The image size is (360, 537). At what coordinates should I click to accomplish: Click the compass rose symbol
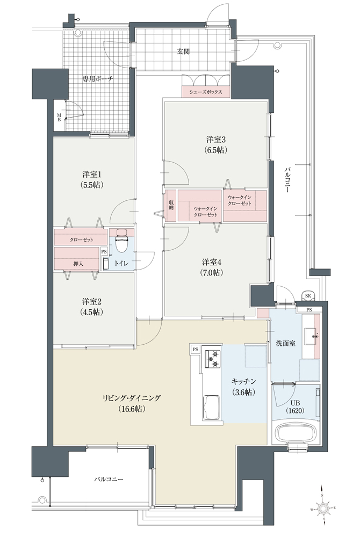pos(323,508)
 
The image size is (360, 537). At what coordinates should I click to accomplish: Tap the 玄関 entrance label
pos(183,52)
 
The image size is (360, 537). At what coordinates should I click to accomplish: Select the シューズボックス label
pos(205,92)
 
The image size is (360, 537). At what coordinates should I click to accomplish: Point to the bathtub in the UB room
pos(296,433)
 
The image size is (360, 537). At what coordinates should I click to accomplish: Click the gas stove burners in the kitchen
pos(212,359)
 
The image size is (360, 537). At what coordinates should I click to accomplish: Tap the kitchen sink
pos(212,407)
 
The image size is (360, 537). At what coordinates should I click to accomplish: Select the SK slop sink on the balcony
pos(308,295)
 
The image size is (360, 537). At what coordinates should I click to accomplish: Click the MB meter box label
pos(59,118)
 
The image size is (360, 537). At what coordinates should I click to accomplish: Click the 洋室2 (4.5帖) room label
pos(91,307)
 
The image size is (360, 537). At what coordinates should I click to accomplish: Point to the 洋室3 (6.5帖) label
pos(216,144)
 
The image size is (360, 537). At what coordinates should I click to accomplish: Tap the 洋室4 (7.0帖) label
pos(212,267)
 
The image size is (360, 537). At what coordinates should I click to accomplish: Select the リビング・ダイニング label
pos(132,398)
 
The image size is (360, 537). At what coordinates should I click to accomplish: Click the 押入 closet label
pos(78,264)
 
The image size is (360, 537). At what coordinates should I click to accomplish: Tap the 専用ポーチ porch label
pos(98,79)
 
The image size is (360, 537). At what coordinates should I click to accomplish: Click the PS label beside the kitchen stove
pos(196,350)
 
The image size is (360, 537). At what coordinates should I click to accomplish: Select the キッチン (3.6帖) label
pos(243,387)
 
